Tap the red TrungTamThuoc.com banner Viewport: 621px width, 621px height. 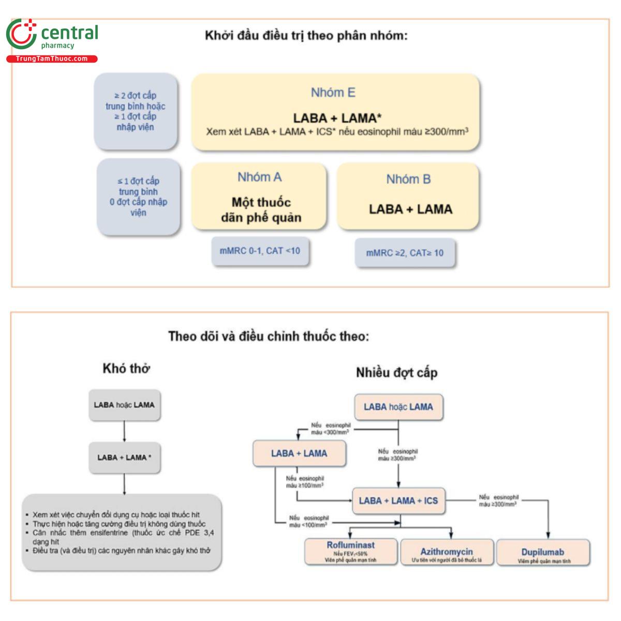point(52,59)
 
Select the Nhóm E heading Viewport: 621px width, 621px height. point(333,93)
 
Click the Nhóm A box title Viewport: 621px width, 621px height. point(259,178)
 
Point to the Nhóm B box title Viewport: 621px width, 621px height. point(408,180)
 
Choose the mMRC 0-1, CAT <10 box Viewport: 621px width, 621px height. point(260,251)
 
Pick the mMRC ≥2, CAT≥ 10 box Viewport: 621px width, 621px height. point(405,253)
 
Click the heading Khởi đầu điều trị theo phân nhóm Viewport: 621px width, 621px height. point(306,36)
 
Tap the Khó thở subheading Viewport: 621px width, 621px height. point(126,368)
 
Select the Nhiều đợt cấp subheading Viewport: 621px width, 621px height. point(396,373)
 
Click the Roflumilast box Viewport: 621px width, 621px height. point(350,552)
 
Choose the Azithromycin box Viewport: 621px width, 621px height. point(446,553)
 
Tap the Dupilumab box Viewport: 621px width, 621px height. point(542,553)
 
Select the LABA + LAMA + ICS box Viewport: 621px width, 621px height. point(398,500)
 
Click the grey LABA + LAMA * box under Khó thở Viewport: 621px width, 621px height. point(124,457)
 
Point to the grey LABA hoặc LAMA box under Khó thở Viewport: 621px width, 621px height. point(124,405)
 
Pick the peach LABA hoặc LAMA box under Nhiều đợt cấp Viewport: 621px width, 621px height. point(398,407)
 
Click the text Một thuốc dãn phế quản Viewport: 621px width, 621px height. point(261,210)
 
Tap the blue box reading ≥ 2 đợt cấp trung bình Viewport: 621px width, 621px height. point(136,111)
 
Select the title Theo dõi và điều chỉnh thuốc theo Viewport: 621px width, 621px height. point(269,336)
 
